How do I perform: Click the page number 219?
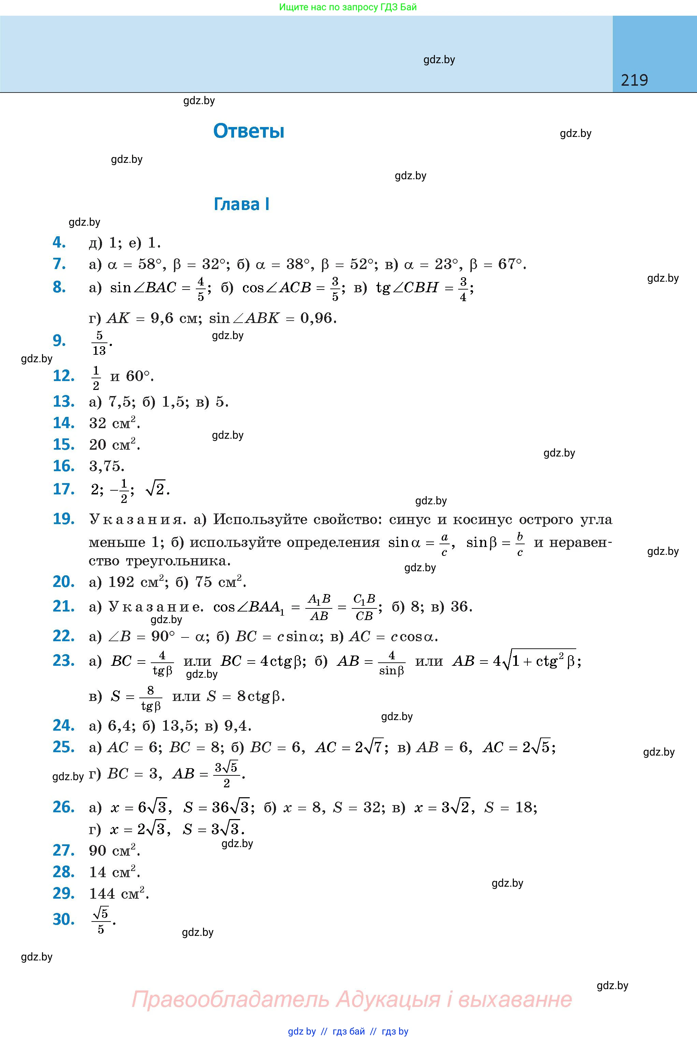click(x=634, y=80)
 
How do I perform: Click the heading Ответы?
click(x=248, y=131)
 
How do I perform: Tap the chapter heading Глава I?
click(x=241, y=204)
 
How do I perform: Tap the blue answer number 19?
click(x=63, y=519)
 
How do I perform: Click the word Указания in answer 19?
click(x=135, y=520)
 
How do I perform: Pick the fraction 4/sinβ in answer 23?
click(x=391, y=662)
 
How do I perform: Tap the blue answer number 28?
click(x=63, y=872)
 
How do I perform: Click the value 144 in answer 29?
click(x=102, y=893)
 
